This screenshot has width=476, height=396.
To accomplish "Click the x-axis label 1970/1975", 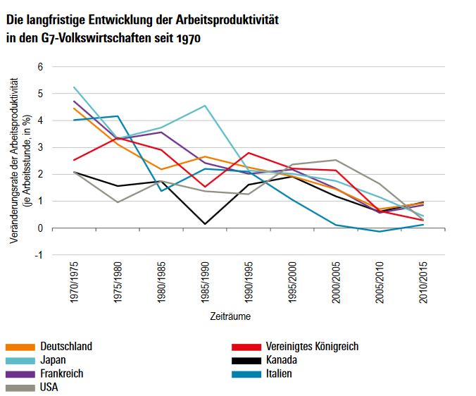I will pyautogui.click(x=75, y=283).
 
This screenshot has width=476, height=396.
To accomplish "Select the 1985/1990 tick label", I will pyautogui.click(x=203, y=283).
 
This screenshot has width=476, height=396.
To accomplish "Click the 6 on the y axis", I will pyautogui.click(x=41, y=67).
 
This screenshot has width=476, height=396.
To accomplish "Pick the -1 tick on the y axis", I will pyautogui.click(x=39, y=255).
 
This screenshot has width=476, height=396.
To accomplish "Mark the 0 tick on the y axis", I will pyautogui.click(x=41, y=228).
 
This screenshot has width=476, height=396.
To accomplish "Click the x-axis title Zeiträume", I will pyautogui.click(x=230, y=316).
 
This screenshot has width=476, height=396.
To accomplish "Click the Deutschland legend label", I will pyautogui.click(x=65, y=346).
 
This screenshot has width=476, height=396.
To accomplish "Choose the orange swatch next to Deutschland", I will pyautogui.click(x=20, y=347).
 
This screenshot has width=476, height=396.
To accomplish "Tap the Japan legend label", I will pyautogui.click(x=53, y=360).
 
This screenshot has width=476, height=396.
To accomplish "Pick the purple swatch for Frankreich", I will pyautogui.click(x=20, y=374).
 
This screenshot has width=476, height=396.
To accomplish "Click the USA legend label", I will pyautogui.click(x=50, y=388).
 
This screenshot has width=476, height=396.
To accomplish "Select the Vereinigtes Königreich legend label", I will pyautogui.click(x=312, y=346).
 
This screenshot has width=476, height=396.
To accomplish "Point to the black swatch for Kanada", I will pyautogui.click(x=247, y=360).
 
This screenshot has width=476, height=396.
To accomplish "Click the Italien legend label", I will pyautogui.click(x=278, y=373).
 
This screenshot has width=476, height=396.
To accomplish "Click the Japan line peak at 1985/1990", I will pyautogui.click(x=203, y=106).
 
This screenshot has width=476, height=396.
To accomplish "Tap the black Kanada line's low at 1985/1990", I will pyautogui.click(x=203, y=224).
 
